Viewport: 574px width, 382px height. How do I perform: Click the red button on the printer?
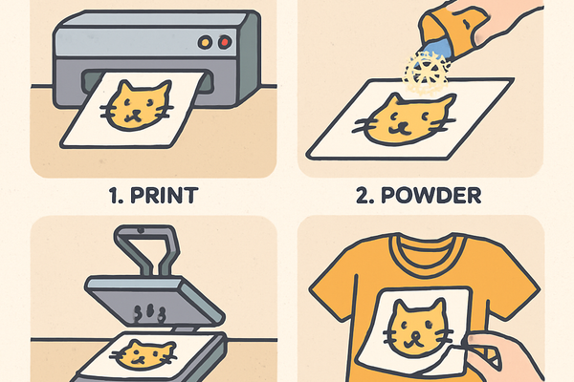coord(225,42)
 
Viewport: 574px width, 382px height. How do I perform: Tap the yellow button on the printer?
coord(205,42)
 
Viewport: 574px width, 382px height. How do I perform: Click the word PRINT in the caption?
coord(164,195)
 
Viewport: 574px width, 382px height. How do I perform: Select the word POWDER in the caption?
coord(431,195)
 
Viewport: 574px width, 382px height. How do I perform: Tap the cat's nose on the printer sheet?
coord(137,113)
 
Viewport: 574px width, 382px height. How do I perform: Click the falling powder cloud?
coord(427,73)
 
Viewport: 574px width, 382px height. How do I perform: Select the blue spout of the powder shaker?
coord(437,50)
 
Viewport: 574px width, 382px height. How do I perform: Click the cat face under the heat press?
coord(143,354)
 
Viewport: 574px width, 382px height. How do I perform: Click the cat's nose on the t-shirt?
coord(415,335)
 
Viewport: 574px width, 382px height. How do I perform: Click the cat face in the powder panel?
coord(405,119)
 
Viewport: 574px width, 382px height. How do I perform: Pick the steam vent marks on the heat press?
coord(150,313)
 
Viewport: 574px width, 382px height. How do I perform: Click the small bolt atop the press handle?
coord(141,230)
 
